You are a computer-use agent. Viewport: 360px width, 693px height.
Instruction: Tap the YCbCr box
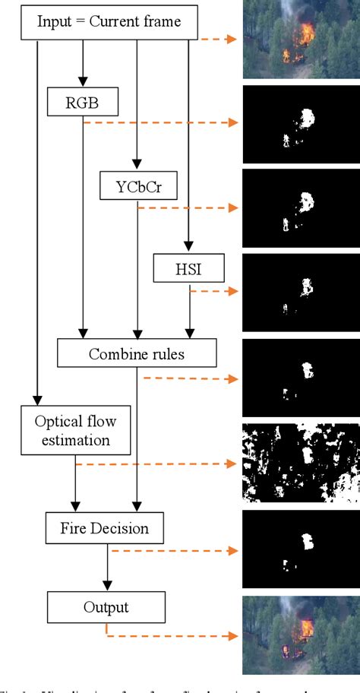pyautogui.click(x=137, y=185)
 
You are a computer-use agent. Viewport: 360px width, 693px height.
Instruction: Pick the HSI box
pyautogui.click(x=189, y=267)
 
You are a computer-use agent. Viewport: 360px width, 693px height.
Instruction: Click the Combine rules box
pyautogui.click(x=137, y=353)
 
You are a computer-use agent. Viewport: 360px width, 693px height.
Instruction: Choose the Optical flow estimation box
pyautogui.click(x=75, y=429)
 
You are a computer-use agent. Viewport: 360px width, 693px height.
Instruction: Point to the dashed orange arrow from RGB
pyautogui.click(x=159, y=122)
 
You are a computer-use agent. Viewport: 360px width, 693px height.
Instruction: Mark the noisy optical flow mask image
pyautogui.click(x=301, y=462)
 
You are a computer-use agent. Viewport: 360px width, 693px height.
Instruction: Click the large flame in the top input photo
pyautogui.click(x=308, y=32)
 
